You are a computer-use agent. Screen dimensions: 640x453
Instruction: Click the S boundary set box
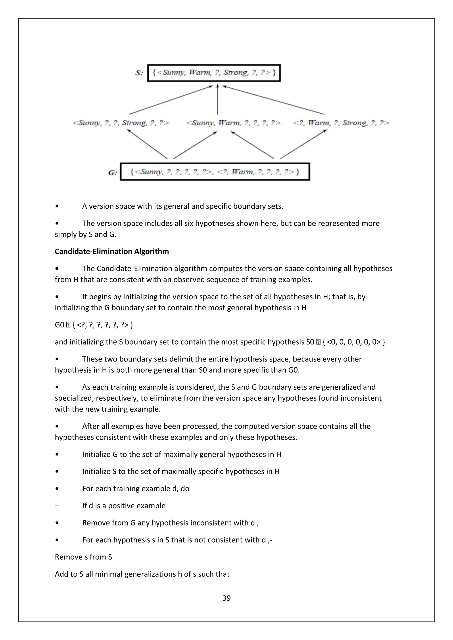(x=214, y=73)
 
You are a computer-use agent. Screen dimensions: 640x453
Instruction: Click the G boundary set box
(x=215, y=172)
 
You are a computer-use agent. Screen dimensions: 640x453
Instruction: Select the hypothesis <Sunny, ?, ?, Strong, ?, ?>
(x=121, y=123)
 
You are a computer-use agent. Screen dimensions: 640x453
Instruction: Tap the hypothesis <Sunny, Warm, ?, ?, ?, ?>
(x=233, y=123)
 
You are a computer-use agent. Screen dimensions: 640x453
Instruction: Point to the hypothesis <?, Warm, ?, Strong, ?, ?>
(x=341, y=123)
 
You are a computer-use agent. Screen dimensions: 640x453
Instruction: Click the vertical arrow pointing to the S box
(x=218, y=100)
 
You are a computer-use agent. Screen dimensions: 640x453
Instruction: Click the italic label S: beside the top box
(x=139, y=73)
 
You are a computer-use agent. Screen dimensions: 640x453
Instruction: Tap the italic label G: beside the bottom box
(x=112, y=173)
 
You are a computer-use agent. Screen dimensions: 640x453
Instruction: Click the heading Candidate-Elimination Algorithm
(x=111, y=251)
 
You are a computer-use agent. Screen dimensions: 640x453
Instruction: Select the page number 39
(x=226, y=598)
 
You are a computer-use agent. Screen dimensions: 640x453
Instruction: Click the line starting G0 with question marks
(x=94, y=325)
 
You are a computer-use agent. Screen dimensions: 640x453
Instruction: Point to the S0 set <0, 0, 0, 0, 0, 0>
(x=354, y=342)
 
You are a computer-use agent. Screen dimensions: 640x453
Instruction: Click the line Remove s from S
(x=83, y=557)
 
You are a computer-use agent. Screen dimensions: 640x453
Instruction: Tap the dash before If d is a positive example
(x=57, y=506)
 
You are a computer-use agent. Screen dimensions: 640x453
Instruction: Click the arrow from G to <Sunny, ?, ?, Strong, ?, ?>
(x=147, y=144)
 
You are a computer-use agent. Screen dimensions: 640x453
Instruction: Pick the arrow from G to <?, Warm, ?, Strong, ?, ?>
(x=303, y=144)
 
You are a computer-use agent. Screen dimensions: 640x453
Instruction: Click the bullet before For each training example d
(x=57, y=489)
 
